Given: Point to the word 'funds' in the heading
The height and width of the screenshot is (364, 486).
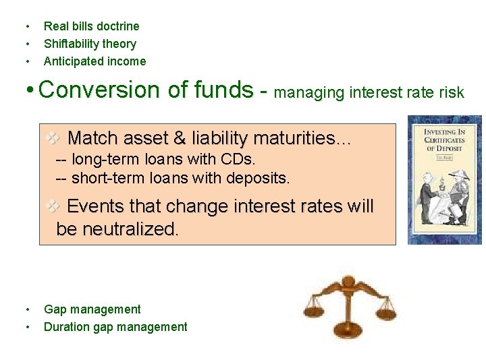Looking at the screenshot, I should point(221,90).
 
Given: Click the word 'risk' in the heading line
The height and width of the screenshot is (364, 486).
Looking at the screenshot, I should point(452,92).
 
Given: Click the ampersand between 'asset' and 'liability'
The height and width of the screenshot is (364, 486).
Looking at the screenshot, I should point(180,139).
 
